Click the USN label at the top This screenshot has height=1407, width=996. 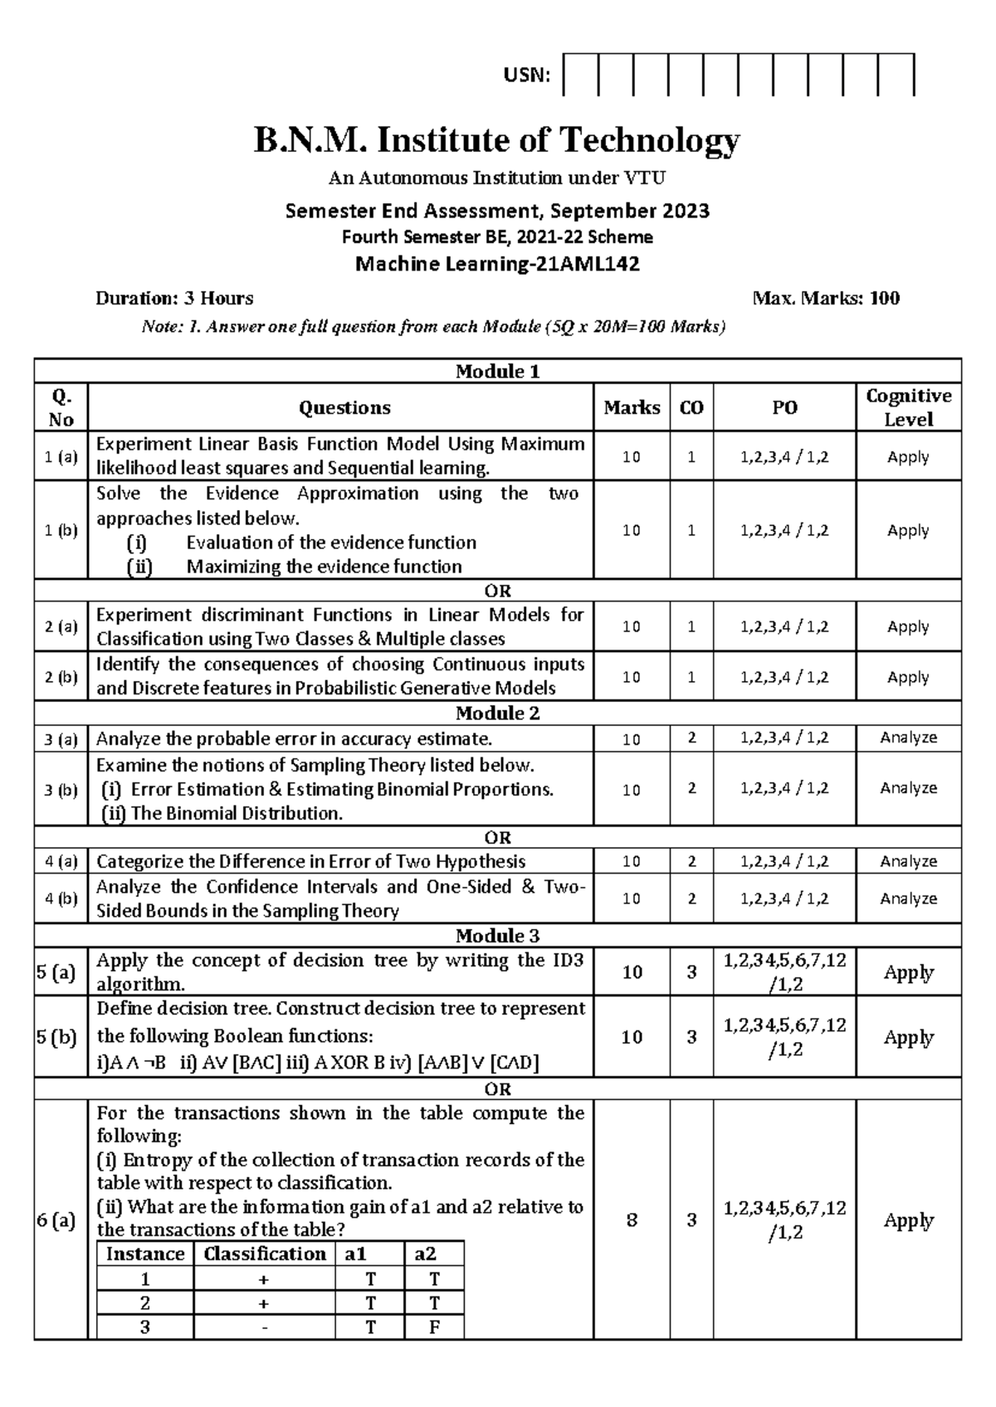[526, 75]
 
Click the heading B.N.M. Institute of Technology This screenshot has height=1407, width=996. [496, 140]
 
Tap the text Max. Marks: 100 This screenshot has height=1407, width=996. [825, 298]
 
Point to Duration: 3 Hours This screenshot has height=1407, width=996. [174, 298]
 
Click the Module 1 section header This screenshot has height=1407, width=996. [497, 371]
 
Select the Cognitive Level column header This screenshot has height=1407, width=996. [908, 407]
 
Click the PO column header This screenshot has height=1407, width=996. [784, 407]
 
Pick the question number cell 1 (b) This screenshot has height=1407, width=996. [61, 530]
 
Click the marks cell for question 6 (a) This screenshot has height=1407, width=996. [632, 1220]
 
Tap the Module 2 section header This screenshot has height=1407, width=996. [497, 713]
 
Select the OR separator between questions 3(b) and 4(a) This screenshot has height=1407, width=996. [497, 837]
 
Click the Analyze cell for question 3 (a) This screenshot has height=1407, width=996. [908, 738]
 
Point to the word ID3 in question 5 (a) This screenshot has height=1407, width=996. [568, 960]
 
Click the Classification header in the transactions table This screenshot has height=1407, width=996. [265, 1254]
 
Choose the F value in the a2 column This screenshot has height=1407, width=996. [433, 1327]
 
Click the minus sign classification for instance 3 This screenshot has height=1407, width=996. [265, 1327]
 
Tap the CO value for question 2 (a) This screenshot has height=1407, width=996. [691, 626]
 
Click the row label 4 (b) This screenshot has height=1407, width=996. [61, 898]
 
